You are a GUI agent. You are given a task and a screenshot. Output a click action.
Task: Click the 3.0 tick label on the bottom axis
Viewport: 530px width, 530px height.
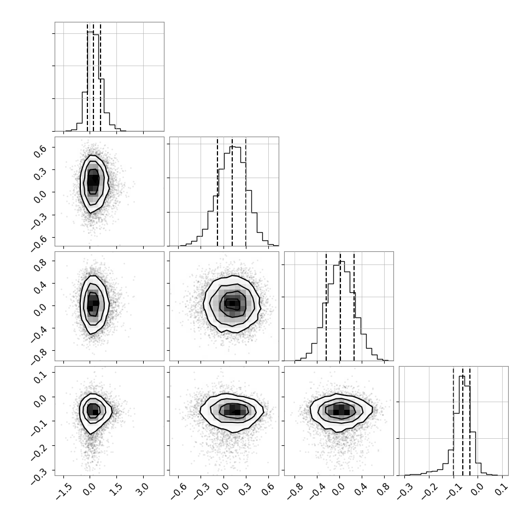click(x=142, y=489)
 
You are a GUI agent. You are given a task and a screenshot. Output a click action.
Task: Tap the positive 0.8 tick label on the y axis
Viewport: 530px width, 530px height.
click(x=39, y=264)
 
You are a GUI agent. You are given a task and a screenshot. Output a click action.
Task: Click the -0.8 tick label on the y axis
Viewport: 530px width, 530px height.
click(x=38, y=356)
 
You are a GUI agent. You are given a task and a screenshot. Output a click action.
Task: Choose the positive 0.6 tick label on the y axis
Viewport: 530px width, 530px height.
click(x=39, y=150)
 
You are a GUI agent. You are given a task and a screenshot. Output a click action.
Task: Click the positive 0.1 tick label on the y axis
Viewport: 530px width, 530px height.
click(x=39, y=375)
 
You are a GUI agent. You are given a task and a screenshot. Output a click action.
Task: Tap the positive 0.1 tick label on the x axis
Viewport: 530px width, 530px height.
click(x=501, y=489)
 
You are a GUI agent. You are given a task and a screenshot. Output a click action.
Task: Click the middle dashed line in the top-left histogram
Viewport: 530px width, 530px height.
click(x=93, y=76)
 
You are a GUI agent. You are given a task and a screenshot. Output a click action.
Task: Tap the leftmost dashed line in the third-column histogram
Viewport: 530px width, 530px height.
click(x=326, y=306)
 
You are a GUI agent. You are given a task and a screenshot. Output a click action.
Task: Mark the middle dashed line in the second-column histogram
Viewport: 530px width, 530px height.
click(x=232, y=192)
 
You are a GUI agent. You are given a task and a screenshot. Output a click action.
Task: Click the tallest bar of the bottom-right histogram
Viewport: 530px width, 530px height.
click(x=462, y=426)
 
